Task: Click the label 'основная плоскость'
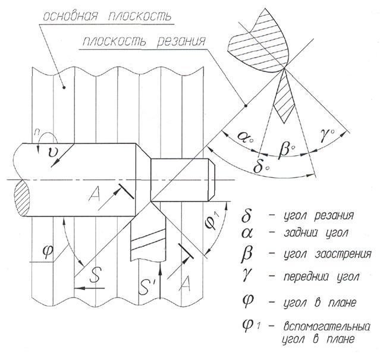tap(107, 16)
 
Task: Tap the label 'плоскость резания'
tap(144, 41)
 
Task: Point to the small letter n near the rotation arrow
tap(37, 132)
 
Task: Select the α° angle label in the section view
tap(246, 137)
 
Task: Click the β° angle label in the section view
tap(287, 148)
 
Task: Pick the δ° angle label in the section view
tap(261, 166)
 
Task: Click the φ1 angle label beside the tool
tap(212, 221)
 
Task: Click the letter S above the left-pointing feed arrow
tap(95, 275)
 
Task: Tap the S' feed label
tap(146, 287)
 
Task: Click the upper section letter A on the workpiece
tap(95, 194)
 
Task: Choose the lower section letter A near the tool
tap(185, 283)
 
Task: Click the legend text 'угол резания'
tap(318, 215)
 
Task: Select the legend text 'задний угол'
tap(316, 233)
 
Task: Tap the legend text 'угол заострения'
tap(327, 254)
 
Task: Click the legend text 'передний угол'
tap(321, 277)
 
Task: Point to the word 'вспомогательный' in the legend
tap(326, 327)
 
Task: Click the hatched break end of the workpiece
tap(21, 199)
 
